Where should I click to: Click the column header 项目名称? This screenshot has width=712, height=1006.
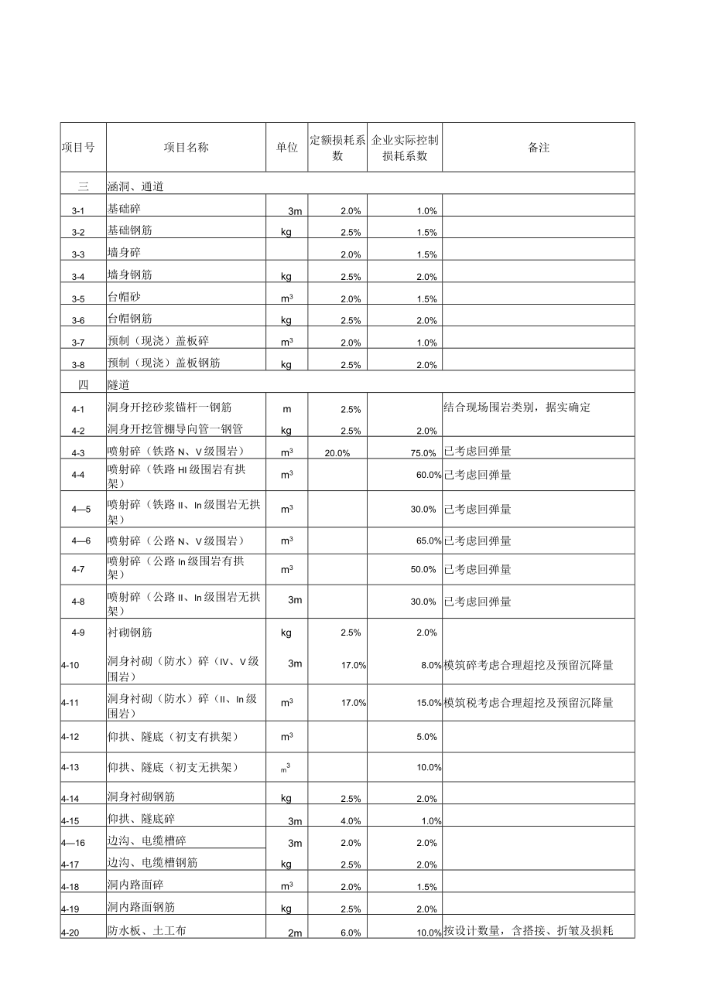(x=186, y=148)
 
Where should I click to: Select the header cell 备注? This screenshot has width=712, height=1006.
(x=539, y=148)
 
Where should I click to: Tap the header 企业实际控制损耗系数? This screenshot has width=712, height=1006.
(x=405, y=148)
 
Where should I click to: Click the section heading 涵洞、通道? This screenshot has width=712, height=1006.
(x=135, y=186)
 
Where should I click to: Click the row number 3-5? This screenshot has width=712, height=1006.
(x=77, y=298)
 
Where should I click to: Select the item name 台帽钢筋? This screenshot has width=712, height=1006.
(x=130, y=319)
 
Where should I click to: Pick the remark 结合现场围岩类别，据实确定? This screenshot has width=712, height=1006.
(x=516, y=408)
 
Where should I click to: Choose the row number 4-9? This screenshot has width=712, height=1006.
(x=77, y=633)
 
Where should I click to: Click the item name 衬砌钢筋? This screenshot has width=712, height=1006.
(x=130, y=633)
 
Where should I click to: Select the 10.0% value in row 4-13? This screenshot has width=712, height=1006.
(x=429, y=767)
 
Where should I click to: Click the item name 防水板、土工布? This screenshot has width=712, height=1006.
(x=146, y=931)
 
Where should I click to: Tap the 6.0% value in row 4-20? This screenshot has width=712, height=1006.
(x=351, y=933)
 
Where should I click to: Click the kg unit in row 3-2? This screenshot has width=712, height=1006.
(x=286, y=232)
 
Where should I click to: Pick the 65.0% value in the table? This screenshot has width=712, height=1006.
(x=428, y=541)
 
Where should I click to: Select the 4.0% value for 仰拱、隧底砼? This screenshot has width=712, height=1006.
(x=351, y=820)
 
